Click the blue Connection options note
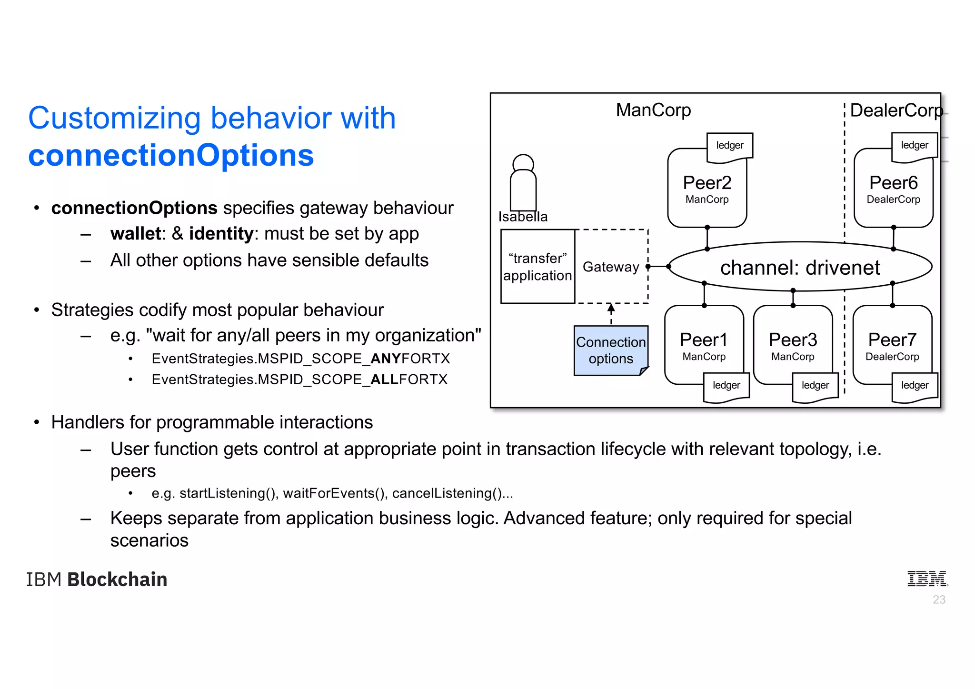610,350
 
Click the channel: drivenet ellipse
800,267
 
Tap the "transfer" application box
537,267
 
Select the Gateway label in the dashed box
611,267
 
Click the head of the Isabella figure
523,163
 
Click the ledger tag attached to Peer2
729,145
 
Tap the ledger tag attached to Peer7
914,385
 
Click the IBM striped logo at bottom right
926,579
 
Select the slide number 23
939,599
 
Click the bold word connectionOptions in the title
171,156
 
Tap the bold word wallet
135,234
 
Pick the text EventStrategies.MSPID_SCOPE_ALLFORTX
299,379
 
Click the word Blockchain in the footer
117,579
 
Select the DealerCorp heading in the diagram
896,110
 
